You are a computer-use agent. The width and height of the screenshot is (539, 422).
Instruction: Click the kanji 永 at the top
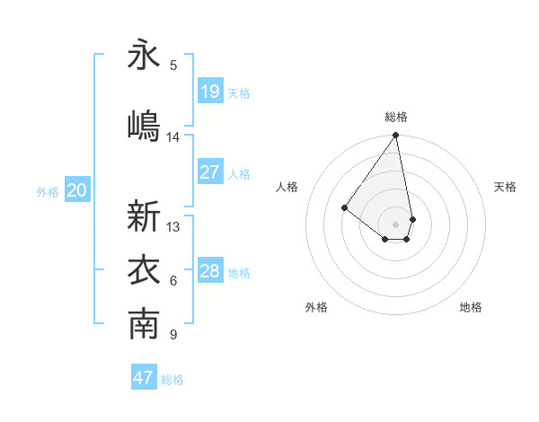(x=144, y=56)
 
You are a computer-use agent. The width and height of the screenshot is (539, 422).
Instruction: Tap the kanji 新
(x=144, y=216)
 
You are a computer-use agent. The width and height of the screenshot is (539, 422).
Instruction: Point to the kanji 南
(x=144, y=325)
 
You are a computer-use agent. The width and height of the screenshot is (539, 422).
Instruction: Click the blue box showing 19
(x=210, y=92)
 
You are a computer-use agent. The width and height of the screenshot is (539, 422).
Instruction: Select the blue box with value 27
(x=210, y=172)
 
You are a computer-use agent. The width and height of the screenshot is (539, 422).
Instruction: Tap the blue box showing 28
(x=210, y=271)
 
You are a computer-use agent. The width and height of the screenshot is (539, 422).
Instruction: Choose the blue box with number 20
(x=77, y=190)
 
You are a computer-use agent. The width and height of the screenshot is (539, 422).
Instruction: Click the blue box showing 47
(x=144, y=378)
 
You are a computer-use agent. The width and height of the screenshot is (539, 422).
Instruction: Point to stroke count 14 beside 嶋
(x=173, y=137)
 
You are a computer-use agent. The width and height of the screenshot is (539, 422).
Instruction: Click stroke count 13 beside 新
(x=173, y=227)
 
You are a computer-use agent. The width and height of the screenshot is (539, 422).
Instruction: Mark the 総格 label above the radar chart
(x=396, y=117)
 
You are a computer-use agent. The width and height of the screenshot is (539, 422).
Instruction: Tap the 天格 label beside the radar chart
(x=505, y=187)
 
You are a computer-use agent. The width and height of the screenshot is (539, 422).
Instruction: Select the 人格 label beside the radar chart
(x=287, y=187)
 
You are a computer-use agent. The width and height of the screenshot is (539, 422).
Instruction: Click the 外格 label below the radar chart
(x=316, y=307)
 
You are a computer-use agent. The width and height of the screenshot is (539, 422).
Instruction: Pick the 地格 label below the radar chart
(x=471, y=307)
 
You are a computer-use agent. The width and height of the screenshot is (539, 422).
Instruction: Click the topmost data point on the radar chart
(x=395, y=136)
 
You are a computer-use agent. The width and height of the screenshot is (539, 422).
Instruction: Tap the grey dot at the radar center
(x=395, y=224)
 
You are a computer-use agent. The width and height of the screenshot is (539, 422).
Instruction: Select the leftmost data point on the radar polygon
(x=344, y=207)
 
